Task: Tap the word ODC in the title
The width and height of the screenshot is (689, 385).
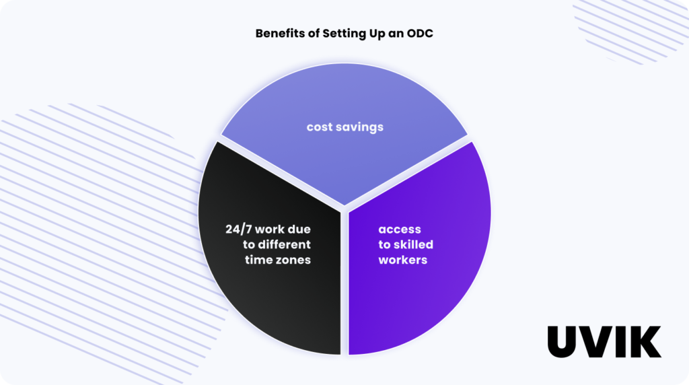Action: (x=419, y=33)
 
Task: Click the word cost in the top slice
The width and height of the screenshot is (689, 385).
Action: (x=320, y=127)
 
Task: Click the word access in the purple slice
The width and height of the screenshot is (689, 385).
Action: (x=400, y=230)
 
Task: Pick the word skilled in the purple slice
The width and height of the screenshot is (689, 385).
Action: (x=413, y=244)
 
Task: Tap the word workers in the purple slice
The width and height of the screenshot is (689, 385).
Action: (x=403, y=260)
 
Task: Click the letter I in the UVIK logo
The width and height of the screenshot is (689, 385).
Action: (x=622, y=342)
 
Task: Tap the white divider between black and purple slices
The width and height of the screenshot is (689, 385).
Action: (x=344, y=283)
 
